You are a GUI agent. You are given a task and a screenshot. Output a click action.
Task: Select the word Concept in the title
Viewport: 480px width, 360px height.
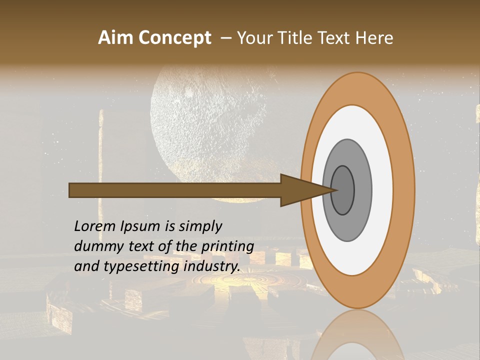[x=175, y=38]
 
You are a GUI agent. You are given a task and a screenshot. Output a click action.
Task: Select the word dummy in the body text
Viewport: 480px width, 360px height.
[x=95, y=246]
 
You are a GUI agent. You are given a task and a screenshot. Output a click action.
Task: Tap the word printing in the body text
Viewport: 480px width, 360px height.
[x=227, y=246]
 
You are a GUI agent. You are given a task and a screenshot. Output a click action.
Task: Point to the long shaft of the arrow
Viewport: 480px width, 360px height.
[x=175, y=190]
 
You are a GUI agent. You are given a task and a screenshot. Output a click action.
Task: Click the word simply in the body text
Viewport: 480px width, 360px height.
[x=200, y=226]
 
